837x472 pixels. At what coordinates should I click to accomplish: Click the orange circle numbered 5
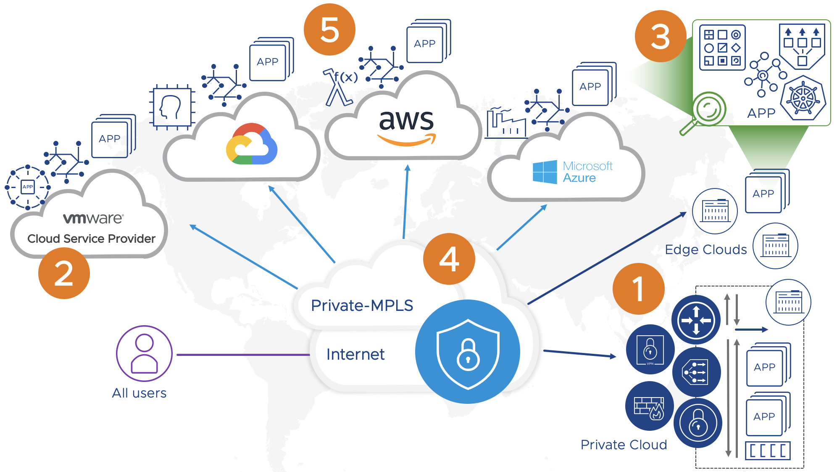(x=329, y=29)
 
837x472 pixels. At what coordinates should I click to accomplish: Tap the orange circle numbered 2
(x=64, y=273)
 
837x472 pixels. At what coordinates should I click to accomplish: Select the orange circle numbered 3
(x=661, y=36)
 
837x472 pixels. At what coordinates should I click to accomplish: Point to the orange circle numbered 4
(x=449, y=259)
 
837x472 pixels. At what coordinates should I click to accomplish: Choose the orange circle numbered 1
(x=638, y=289)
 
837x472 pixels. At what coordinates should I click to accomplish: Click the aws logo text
(x=406, y=121)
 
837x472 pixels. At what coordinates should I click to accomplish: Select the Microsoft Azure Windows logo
(x=545, y=172)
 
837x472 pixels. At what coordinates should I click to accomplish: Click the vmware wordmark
(x=93, y=218)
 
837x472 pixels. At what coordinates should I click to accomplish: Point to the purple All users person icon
(x=144, y=354)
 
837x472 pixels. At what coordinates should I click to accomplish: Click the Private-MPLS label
(x=362, y=305)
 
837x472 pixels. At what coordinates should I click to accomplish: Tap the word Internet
(x=355, y=355)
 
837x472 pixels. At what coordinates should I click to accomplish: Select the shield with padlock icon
(x=468, y=353)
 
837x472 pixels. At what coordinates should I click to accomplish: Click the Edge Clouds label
(x=706, y=249)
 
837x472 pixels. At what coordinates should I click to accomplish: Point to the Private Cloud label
(x=624, y=445)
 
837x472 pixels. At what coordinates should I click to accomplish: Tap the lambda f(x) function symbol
(x=340, y=87)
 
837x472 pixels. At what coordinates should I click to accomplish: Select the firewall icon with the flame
(x=649, y=406)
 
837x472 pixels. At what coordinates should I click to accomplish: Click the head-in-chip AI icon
(x=172, y=108)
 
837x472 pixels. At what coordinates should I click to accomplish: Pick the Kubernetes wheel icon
(x=803, y=98)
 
